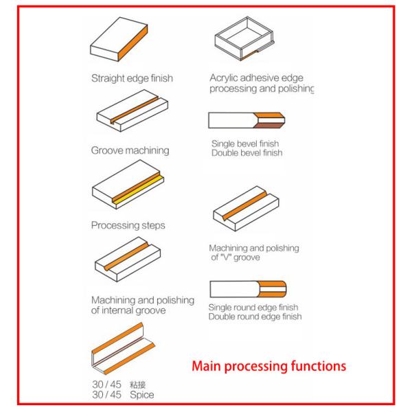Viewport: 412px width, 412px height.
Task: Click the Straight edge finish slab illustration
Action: point(119,41)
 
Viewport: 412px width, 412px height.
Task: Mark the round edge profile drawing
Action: point(247,290)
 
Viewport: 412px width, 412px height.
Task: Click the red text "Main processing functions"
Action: point(268,367)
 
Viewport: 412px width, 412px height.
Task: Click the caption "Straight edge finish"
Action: point(132,78)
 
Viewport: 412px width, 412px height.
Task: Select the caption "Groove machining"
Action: point(130,149)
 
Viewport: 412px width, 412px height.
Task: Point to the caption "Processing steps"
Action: point(128,225)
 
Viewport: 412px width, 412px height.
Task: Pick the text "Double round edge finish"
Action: point(255,317)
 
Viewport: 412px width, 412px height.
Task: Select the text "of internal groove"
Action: point(128,310)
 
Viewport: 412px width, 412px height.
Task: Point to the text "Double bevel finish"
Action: point(245,152)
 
